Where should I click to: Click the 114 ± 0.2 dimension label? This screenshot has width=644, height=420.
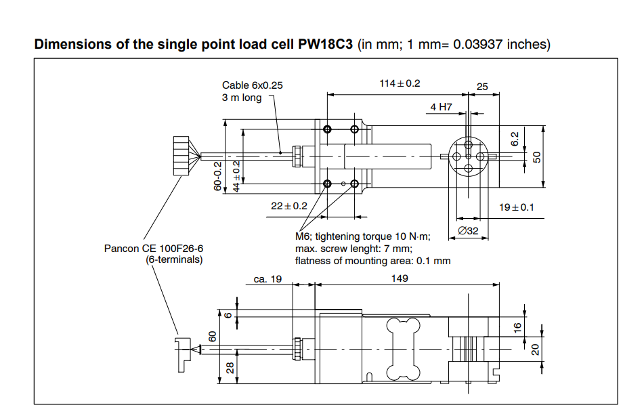pos(400,83)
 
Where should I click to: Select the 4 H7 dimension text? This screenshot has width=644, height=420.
pos(441,107)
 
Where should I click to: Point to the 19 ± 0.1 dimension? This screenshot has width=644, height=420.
pos(517,207)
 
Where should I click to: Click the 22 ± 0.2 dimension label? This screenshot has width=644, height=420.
pos(289,206)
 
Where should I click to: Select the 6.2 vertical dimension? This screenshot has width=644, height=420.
pos(515,138)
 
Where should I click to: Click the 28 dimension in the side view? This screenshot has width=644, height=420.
pos(230,368)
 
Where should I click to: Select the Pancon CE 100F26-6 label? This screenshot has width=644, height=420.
pos(154,249)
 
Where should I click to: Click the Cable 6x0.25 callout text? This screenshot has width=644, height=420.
pos(253,85)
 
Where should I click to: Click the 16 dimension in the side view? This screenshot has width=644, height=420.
pos(517,327)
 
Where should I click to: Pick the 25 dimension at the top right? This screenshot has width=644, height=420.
pos(482,87)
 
